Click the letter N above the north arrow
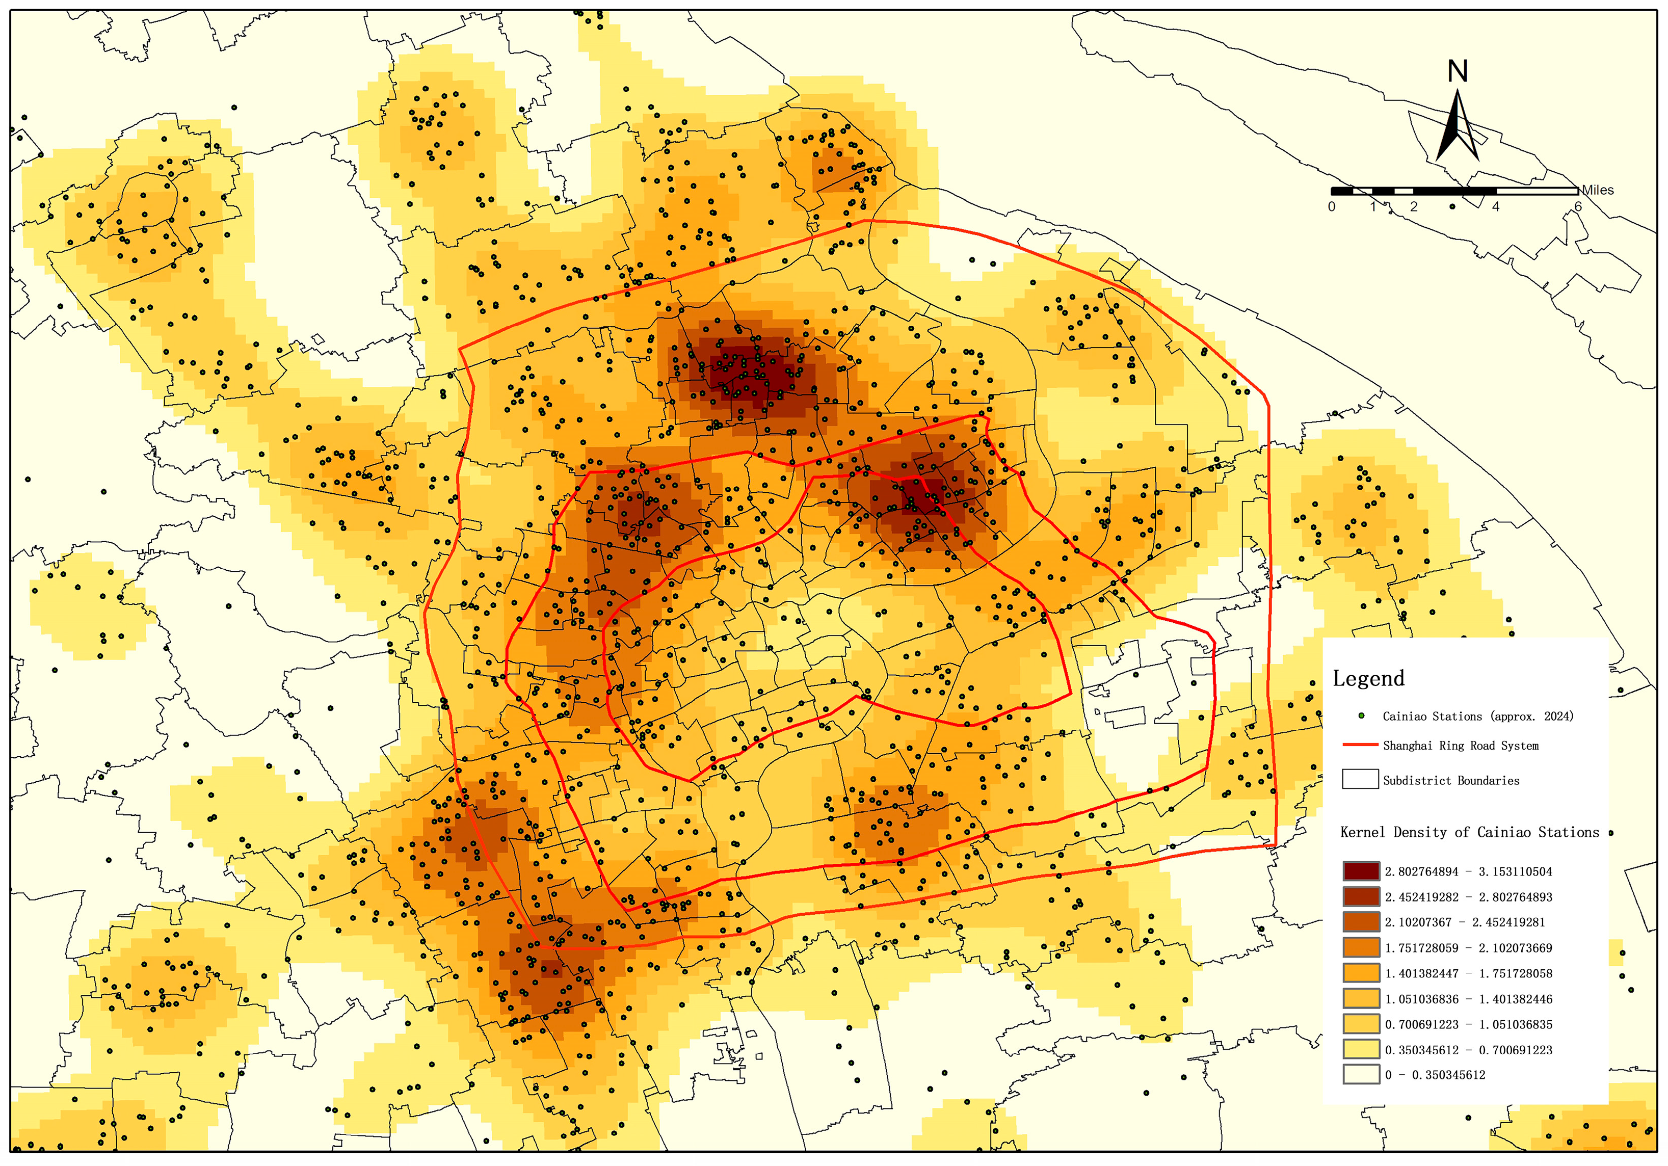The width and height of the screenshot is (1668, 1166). [1458, 71]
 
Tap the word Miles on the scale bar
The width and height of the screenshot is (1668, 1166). [1598, 190]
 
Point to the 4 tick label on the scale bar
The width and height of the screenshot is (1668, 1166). [1495, 207]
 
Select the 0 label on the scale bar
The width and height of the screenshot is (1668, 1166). [1331, 207]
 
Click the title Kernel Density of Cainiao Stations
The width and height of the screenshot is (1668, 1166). [1469, 833]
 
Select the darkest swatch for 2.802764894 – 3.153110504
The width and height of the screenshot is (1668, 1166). [1361, 871]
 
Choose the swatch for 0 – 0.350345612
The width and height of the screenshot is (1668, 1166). [1361, 1074]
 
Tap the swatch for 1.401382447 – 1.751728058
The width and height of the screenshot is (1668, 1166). [1361, 973]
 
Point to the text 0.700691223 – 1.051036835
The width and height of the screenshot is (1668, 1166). [1468, 1024]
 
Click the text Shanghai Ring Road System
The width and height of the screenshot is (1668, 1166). [1460, 746]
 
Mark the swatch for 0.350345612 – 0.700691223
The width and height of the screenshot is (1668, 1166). [1361, 1049]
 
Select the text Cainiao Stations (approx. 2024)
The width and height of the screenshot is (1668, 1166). [1478, 717]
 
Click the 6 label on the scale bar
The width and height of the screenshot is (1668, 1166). [1577, 207]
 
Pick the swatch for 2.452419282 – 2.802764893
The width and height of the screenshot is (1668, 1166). [1361, 896]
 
